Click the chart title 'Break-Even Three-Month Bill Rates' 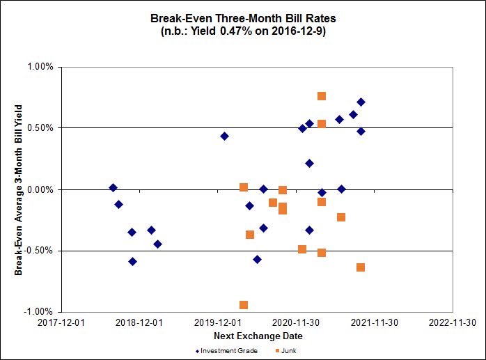pos(243,19)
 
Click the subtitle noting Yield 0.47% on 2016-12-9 pos(243,31)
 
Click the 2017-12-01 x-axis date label pos(62,322)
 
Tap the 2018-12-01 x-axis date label pos(139,322)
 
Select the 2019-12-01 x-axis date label pos(217,322)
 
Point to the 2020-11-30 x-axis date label pos(295,322)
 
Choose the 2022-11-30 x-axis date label pos(451,322)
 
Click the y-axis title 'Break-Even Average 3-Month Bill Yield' pos(19,189)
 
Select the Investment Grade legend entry pos(226,350)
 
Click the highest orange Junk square pos(322,96)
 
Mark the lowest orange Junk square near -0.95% pos(244,305)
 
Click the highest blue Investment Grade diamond pos(361,102)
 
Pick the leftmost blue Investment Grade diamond pos(113,188)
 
